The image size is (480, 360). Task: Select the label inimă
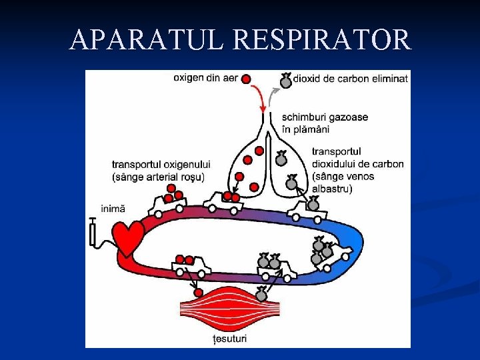[x=113, y=208]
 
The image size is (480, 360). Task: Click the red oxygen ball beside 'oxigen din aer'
[x=246, y=79]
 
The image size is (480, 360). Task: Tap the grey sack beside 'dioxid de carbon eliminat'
[x=285, y=81]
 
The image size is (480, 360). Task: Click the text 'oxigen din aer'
[x=205, y=78]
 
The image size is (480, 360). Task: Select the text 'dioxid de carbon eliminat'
[x=351, y=78]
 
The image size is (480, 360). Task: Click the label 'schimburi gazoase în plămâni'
[x=325, y=123]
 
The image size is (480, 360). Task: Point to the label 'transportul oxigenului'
[x=161, y=164]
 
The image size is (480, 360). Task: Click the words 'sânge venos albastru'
[x=343, y=182]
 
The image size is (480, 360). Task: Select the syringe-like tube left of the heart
[x=93, y=232]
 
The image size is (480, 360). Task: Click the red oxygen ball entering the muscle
[x=197, y=293]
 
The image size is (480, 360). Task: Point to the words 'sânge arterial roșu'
[x=159, y=177]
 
